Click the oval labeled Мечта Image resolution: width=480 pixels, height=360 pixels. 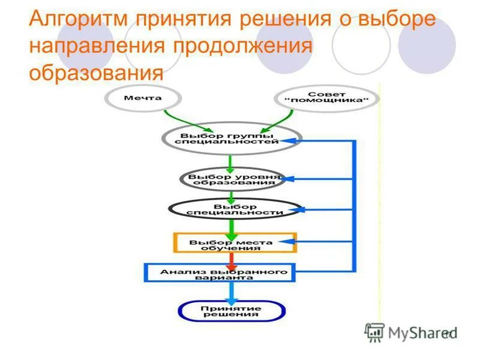(x=142, y=98)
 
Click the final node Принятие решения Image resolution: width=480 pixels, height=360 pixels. (x=231, y=310)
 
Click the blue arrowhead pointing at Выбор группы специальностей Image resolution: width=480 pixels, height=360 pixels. (x=290, y=141)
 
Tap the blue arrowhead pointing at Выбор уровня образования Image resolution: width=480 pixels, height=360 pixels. (x=290, y=179)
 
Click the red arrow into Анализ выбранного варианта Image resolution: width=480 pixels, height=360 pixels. (x=230, y=260)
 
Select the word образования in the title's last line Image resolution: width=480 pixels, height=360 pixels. (x=96, y=73)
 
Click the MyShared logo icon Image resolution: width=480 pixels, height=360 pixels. (x=374, y=332)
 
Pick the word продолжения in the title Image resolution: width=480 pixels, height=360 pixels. (x=243, y=46)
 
